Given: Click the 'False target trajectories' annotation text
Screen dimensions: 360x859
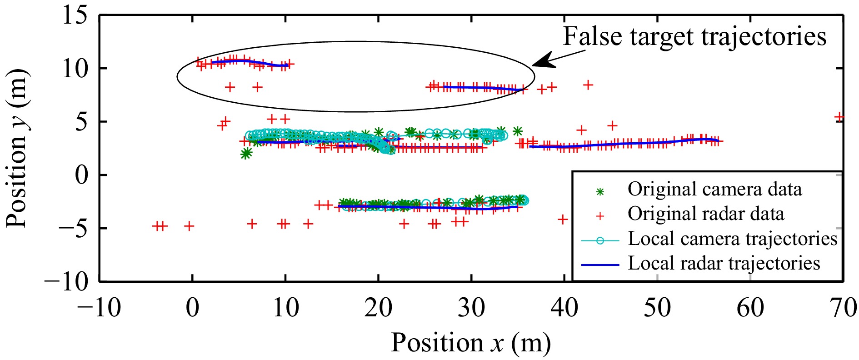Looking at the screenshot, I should pos(694,36).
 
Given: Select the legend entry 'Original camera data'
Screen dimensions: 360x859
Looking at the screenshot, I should pos(714,189).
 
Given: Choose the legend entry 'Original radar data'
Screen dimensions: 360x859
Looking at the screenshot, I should pos(706,214).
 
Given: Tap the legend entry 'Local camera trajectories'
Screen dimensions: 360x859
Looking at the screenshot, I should pos(732,239).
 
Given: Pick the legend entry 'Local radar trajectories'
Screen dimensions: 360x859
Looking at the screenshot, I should pos(724,263).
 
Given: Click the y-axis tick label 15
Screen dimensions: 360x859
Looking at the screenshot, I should pos(75,16).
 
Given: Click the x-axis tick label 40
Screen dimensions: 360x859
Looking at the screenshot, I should pos(564,308).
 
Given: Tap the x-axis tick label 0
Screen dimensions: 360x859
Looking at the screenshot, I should pos(193,308).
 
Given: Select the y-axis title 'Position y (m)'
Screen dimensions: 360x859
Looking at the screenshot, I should pos(17,148).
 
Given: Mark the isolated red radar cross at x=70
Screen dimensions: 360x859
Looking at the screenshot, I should pos(839,117).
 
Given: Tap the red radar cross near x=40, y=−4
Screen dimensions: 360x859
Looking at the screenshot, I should pos(563,220).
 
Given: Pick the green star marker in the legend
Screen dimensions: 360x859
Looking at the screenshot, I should pos(600,192).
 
